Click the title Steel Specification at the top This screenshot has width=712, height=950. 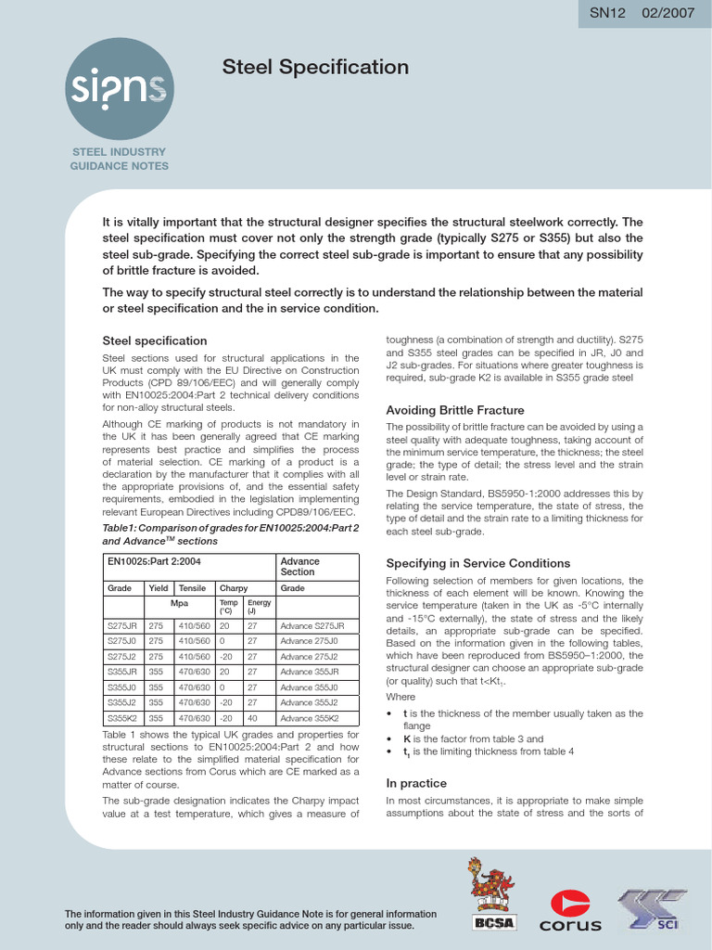(x=315, y=68)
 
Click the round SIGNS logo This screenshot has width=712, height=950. (x=119, y=87)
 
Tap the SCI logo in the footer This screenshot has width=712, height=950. (x=654, y=908)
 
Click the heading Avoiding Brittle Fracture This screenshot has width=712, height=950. (x=454, y=410)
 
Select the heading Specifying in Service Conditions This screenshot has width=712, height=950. (x=477, y=563)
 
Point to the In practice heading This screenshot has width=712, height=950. (x=416, y=783)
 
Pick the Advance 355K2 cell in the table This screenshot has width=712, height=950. (x=309, y=718)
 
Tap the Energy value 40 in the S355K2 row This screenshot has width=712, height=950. (x=252, y=718)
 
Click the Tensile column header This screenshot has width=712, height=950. (x=192, y=588)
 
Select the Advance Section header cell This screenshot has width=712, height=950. (x=299, y=567)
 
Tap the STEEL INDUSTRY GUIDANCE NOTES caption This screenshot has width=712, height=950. (x=119, y=159)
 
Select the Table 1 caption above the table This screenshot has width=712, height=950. (x=230, y=533)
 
